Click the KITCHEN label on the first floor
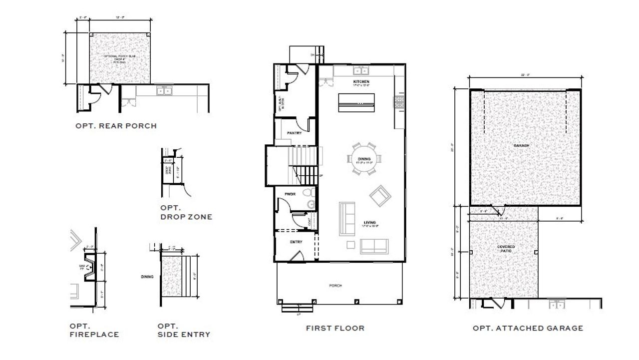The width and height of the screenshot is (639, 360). (x=361, y=81)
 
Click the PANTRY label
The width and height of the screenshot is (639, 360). (x=295, y=133)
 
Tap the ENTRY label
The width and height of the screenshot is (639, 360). (x=296, y=242)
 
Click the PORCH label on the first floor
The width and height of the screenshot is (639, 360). (x=335, y=286)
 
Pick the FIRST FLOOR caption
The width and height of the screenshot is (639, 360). (x=335, y=328)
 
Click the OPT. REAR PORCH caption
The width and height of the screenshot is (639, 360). (x=116, y=126)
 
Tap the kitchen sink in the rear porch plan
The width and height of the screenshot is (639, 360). (x=164, y=91)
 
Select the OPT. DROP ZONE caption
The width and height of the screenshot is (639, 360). (x=186, y=212)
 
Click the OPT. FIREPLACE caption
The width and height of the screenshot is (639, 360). (x=94, y=330)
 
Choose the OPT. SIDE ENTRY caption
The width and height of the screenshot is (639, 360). (x=183, y=330)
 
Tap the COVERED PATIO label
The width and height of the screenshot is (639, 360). (x=506, y=249)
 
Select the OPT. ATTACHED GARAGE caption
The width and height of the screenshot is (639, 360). (x=528, y=328)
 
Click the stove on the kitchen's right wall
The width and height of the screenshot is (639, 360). (x=399, y=102)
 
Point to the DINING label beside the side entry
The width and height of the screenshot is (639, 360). (x=147, y=276)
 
